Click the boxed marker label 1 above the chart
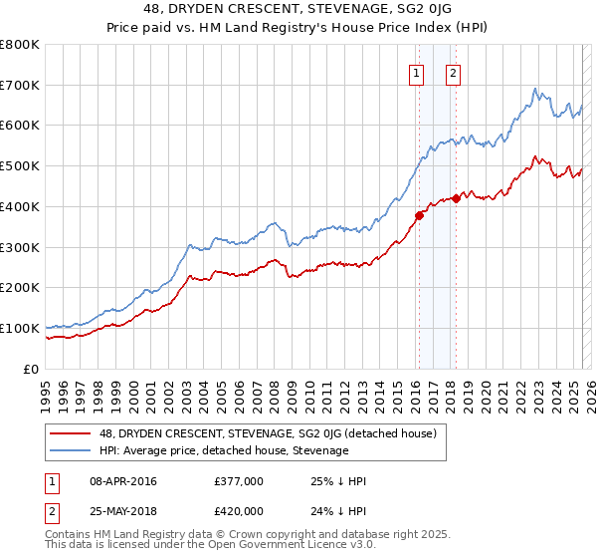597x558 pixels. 415,72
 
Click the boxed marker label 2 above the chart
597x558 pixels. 453,72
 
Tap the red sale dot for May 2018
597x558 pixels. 456,198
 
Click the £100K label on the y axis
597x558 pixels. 20,328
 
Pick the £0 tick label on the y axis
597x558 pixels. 32,369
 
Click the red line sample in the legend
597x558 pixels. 72,433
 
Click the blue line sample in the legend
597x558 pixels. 72,450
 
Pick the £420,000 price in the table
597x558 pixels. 239,511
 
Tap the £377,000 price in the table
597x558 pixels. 239,481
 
